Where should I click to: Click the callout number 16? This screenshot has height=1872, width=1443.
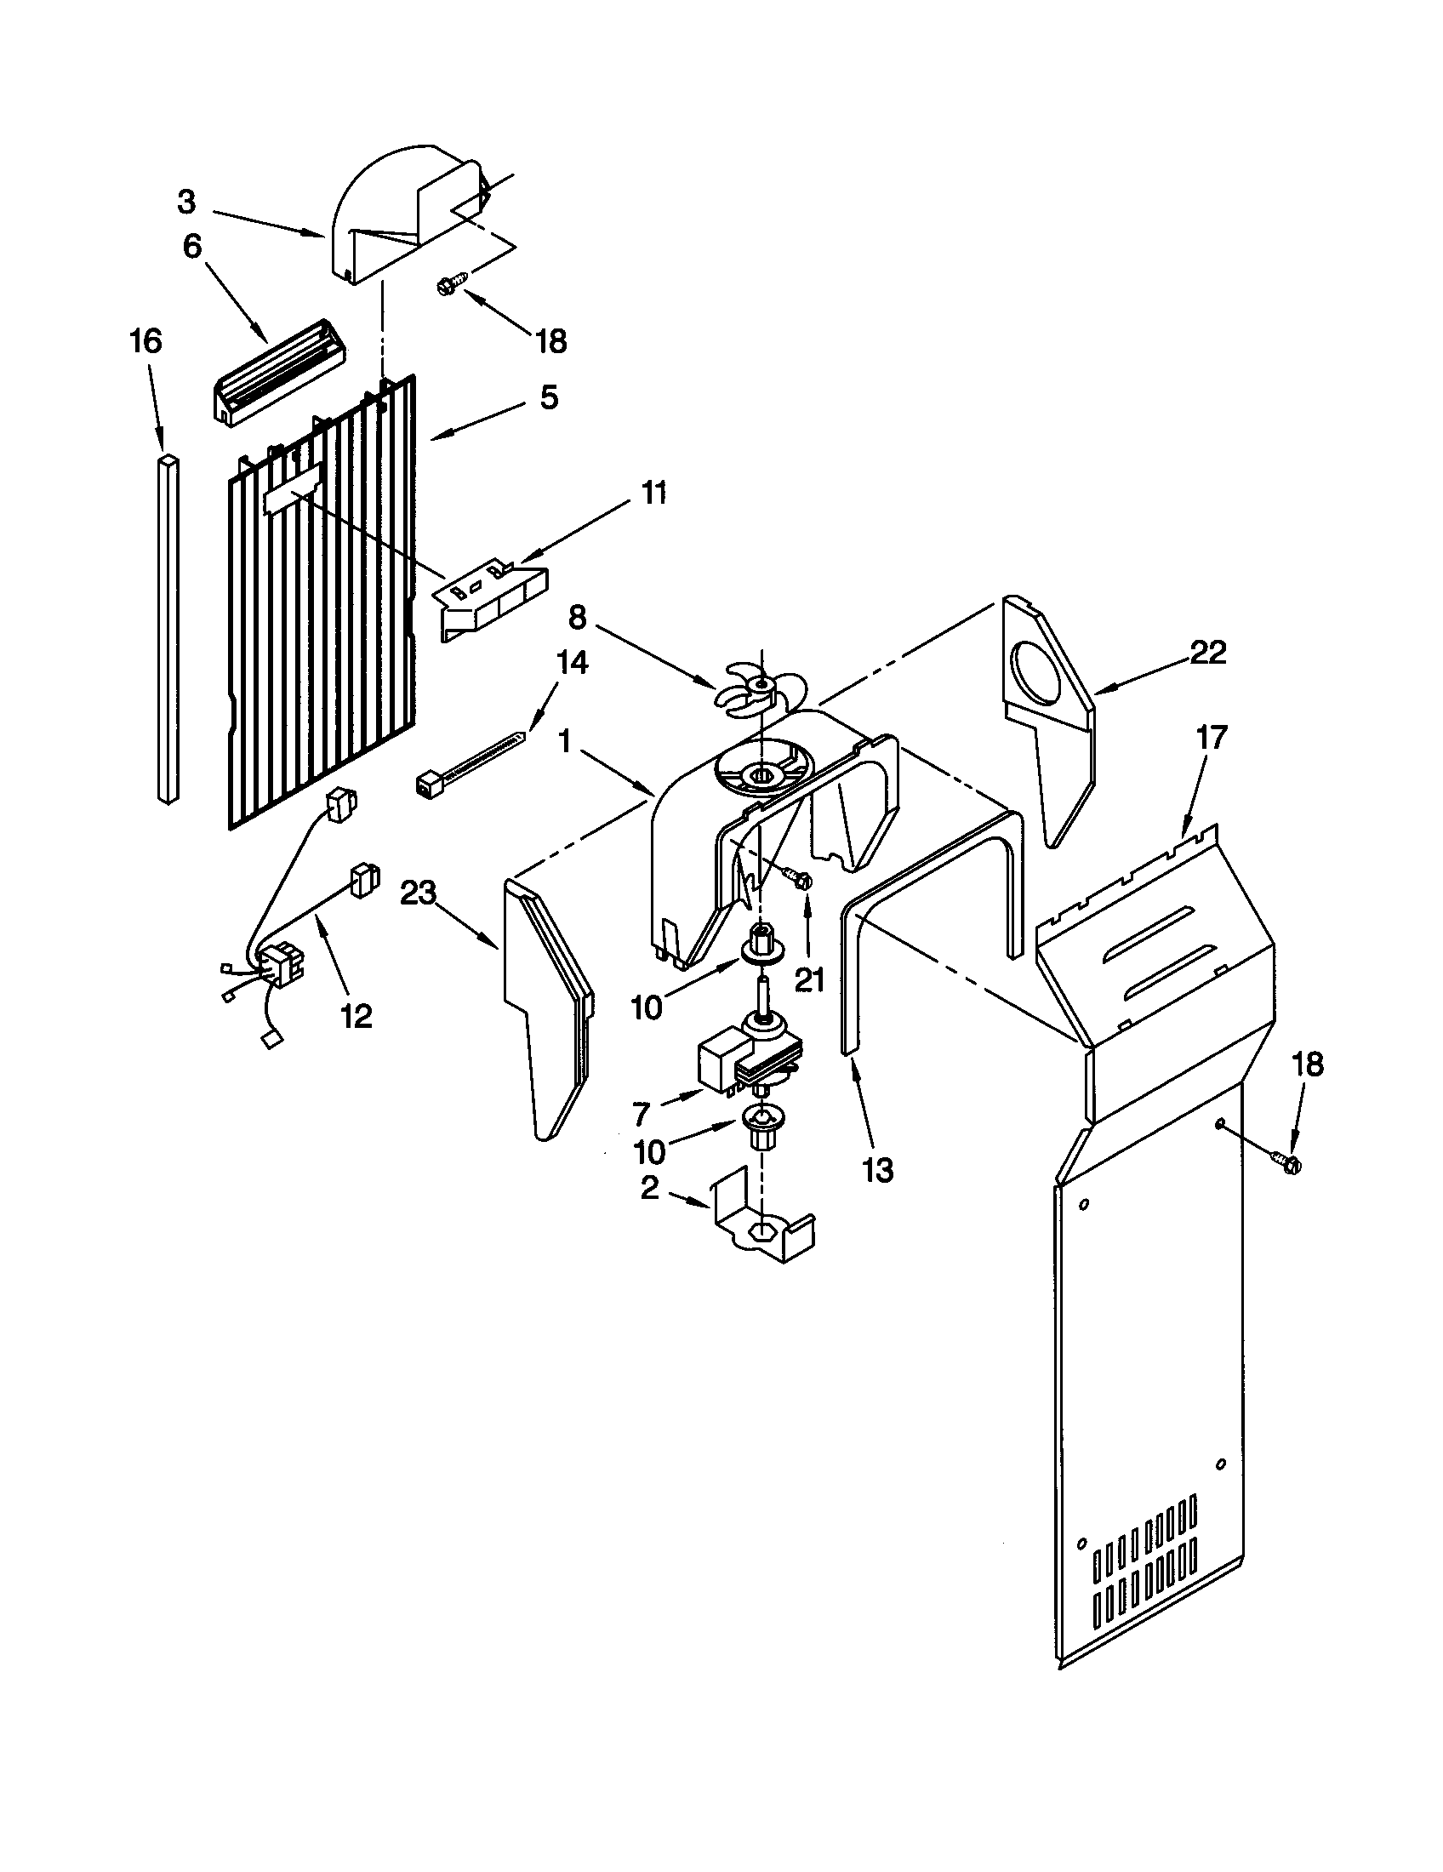[145, 341]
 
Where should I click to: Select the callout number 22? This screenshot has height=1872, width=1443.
[1208, 653]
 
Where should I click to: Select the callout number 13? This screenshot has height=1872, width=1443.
[878, 1169]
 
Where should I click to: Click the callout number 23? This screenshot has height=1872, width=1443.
[419, 893]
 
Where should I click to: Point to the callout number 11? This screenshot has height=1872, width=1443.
[653, 494]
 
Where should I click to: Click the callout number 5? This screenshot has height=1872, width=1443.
[549, 397]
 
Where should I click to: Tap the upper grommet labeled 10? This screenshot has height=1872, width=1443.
[760, 944]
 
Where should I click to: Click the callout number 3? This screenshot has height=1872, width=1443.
[186, 203]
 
